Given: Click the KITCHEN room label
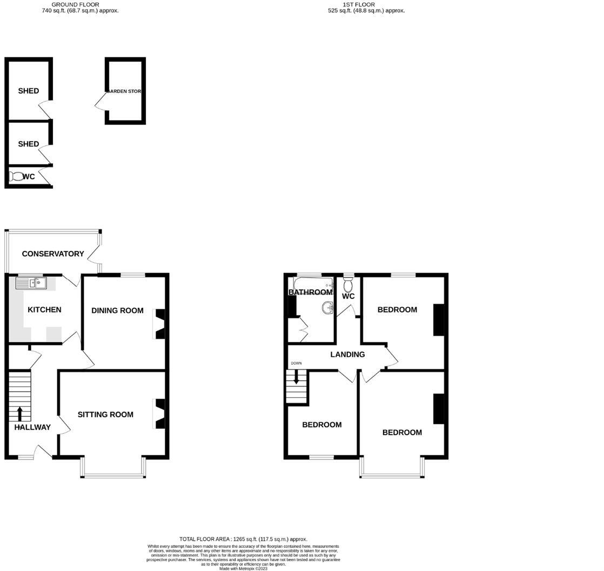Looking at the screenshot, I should pyautogui.click(x=44, y=310).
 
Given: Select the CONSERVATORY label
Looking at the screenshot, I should pyautogui.click(x=53, y=254).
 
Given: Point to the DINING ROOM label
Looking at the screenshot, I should pyautogui.click(x=117, y=310).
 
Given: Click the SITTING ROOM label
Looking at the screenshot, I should pyautogui.click(x=105, y=415).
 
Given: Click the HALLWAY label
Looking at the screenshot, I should pyautogui.click(x=32, y=427).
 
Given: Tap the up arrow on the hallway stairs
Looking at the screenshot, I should pyautogui.click(x=20, y=414).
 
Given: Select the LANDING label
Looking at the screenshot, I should pyautogui.click(x=347, y=355).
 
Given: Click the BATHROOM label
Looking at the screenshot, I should pyautogui.click(x=310, y=292).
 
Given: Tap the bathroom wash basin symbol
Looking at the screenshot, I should pyautogui.click(x=327, y=308).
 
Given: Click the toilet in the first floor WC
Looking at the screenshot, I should pyautogui.click(x=348, y=283).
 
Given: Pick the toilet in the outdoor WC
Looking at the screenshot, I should pyautogui.click(x=16, y=176).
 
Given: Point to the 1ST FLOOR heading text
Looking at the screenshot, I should pyautogui.click(x=359, y=4).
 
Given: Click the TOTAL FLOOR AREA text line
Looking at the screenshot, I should pyautogui.click(x=243, y=539).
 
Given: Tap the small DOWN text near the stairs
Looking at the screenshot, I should pyautogui.click(x=296, y=363).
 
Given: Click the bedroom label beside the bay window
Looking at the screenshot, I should pyautogui.click(x=402, y=433).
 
